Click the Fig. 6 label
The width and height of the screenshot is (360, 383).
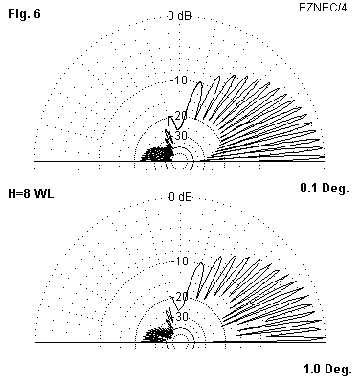(24, 13)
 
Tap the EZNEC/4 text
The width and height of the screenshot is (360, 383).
(323, 8)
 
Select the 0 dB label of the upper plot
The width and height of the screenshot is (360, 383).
(180, 16)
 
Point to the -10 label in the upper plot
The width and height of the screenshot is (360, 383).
(180, 79)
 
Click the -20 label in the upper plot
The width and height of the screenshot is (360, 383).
(180, 116)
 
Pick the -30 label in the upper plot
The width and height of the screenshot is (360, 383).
(179, 136)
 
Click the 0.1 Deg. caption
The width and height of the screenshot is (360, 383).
(325, 189)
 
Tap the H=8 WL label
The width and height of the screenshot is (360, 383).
(31, 193)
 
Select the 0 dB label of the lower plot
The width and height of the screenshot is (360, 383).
(180, 197)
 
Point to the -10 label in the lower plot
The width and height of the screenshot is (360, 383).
(181, 261)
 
